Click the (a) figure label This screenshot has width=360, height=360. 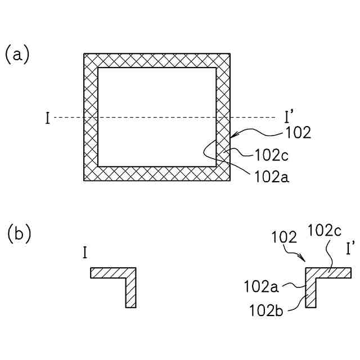(x=17, y=55)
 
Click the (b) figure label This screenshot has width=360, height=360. (x=19, y=233)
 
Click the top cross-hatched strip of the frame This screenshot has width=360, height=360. (x=157, y=60)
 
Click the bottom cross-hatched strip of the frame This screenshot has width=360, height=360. (x=157, y=174)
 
